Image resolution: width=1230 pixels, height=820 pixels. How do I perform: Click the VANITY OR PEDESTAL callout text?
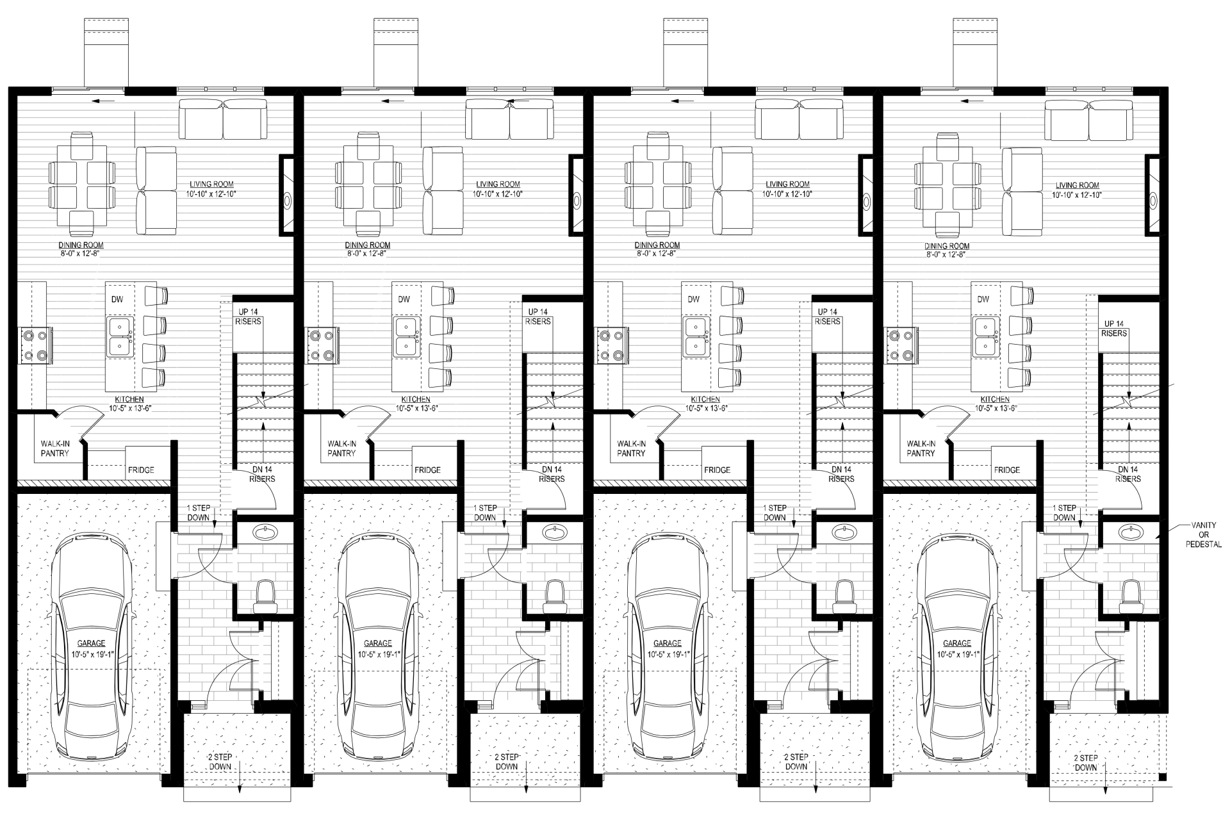[1203, 535]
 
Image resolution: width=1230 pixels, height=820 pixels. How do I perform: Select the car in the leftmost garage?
[92, 648]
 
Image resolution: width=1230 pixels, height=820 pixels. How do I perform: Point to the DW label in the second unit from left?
[404, 299]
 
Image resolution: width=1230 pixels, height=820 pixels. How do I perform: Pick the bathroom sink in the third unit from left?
[843, 531]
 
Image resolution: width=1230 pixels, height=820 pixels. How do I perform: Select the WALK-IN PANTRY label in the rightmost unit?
[921, 448]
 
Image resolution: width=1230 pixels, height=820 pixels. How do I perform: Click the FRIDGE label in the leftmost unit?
[141, 470]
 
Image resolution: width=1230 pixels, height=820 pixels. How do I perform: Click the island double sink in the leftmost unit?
[120, 337]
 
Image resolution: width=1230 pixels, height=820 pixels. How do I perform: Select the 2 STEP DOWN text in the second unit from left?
[507, 762]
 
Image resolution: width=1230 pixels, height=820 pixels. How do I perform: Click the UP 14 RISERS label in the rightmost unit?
[1114, 329]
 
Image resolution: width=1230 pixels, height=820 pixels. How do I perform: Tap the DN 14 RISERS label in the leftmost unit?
[262, 474]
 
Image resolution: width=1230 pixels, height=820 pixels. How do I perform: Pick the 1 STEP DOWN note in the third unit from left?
[775, 512]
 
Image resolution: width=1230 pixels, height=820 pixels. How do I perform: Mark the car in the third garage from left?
[668, 648]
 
